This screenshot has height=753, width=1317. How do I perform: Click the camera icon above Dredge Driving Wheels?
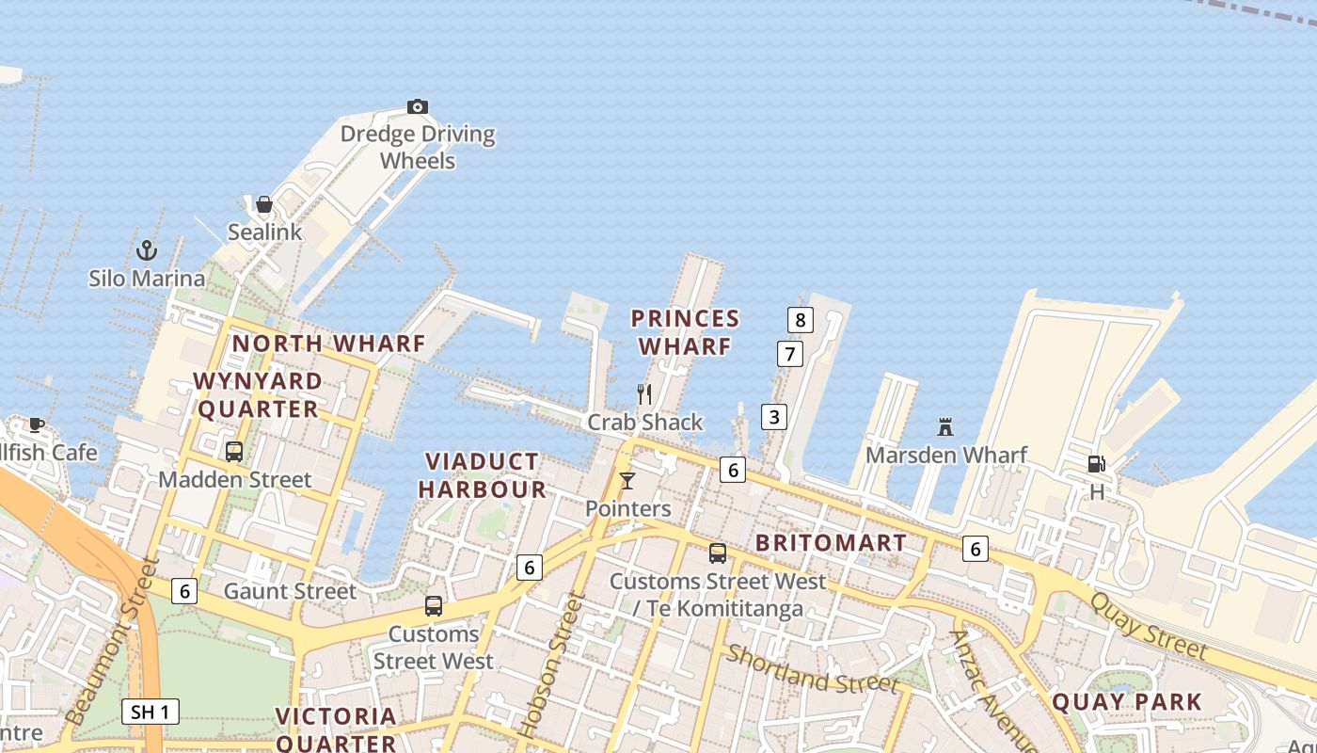point(418,106)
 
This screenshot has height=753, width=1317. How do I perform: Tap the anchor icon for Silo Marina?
point(147,250)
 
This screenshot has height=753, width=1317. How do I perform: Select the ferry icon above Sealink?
point(264,204)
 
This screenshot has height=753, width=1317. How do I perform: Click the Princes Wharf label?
point(685,332)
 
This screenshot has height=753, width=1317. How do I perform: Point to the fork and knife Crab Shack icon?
point(644,393)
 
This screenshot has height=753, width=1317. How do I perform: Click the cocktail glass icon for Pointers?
point(627,481)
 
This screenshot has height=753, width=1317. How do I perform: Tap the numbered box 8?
point(800,320)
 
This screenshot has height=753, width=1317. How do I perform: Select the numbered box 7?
point(789,355)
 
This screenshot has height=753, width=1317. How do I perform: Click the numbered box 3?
point(773,417)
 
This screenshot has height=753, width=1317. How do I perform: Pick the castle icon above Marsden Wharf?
point(945,426)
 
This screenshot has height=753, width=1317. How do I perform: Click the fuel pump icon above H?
point(1096,463)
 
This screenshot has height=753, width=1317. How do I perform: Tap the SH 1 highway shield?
point(151,712)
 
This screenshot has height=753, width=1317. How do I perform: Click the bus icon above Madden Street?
point(234,452)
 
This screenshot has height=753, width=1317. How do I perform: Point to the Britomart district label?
point(831,543)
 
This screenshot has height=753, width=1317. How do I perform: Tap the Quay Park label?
point(1126,701)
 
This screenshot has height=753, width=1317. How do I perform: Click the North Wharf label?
point(329,344)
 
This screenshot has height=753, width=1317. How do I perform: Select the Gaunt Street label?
point(290,591)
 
